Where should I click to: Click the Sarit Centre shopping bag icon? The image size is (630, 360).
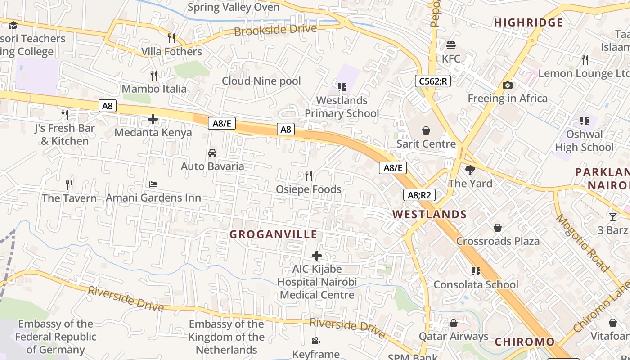(426, 130)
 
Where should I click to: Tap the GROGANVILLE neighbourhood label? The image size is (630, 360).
(274, 234)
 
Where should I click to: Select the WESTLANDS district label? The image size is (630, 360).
(430, 214)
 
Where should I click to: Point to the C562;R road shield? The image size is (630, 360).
(432, 81)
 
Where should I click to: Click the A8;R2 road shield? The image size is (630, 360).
(419, 195)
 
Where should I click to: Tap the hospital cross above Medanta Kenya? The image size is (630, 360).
(153, 119)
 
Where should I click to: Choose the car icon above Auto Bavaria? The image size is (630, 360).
(212, 153)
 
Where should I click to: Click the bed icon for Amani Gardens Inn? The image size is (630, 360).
(153, 184)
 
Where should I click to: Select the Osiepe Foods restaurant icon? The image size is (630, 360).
(309, 175)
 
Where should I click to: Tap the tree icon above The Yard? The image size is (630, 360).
(470, 170)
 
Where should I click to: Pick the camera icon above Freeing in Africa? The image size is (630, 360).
(508, 85)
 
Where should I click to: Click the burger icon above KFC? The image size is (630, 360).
(451, 45)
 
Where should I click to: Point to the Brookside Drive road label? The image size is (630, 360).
(275, 30)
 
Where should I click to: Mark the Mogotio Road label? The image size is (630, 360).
(583, 243)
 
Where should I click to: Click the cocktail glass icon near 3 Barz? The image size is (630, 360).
(613, 216)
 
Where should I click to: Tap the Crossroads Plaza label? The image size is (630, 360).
(498, 241)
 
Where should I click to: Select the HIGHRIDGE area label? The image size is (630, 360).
(529, 22)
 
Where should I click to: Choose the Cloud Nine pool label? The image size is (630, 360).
(261, 81)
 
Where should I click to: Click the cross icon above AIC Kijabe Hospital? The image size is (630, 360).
(317, 256)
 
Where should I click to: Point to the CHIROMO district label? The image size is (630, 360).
(525, 342)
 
